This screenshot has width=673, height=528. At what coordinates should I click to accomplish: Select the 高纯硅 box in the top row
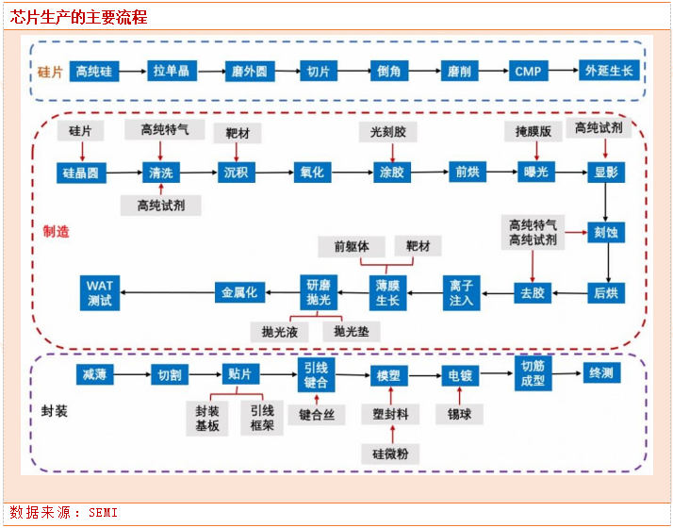point(94,72)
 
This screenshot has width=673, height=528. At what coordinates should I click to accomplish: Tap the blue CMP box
point(527,72)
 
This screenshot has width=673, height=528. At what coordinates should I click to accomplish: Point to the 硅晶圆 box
point(82,173)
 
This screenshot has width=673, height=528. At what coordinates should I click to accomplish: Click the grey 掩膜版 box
point(533,131)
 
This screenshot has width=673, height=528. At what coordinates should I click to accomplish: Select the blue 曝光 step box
point(533,173)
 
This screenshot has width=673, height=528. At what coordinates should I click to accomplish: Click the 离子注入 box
point(461,292)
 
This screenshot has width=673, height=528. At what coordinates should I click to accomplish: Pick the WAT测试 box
point(99,292)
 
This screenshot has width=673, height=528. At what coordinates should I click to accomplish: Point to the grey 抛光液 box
point(280,332)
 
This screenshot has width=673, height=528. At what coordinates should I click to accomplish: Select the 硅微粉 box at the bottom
point(390,454)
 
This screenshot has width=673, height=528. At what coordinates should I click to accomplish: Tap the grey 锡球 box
point(459,414)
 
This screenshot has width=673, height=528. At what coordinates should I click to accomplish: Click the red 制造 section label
point(57,231)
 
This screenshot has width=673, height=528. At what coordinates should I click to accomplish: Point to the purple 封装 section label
point(55,412)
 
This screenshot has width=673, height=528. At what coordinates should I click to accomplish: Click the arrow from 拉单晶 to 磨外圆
point(208,72)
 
